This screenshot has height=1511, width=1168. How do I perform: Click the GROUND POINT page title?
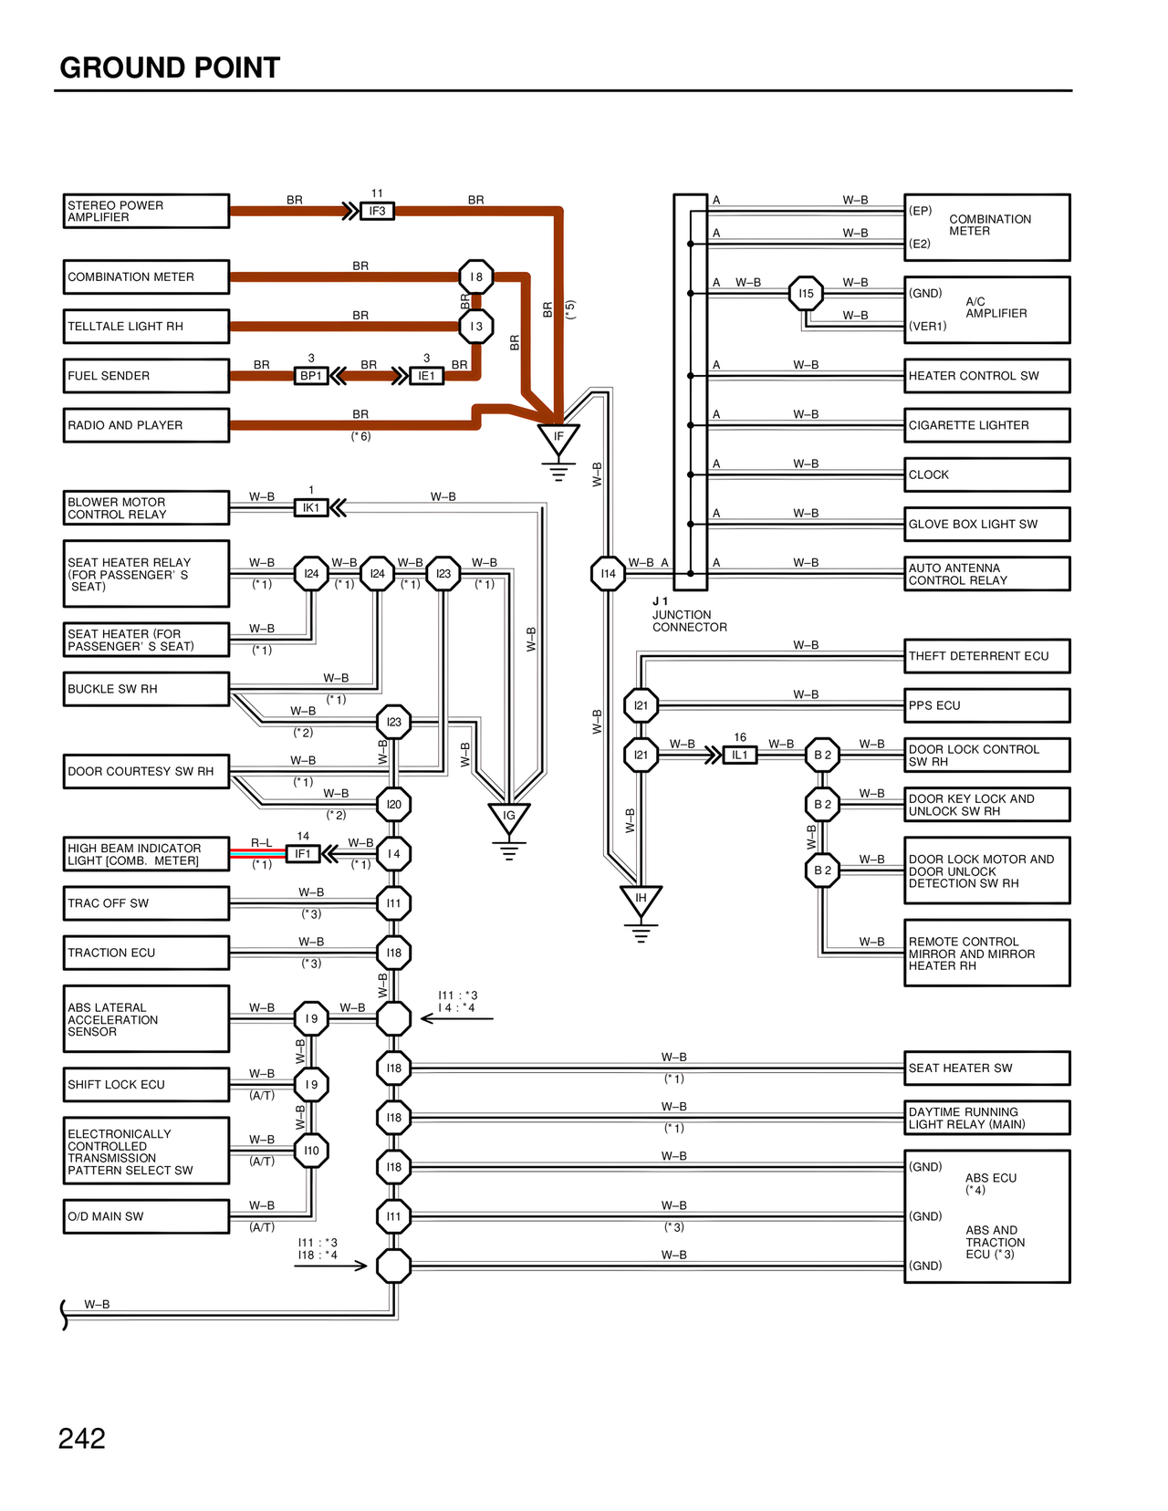pos(170,68)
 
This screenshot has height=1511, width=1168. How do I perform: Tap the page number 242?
pos(82,1439)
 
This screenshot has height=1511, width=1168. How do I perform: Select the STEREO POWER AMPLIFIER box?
pos(146,211)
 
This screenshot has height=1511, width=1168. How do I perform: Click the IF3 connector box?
pos(377,211)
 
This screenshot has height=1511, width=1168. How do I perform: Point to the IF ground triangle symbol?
pos(558,439)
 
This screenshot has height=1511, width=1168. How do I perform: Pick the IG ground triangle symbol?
pos(509,818)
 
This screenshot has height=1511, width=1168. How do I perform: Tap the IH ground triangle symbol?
pos(641,901)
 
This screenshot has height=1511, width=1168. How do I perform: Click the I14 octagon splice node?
pos(608,574)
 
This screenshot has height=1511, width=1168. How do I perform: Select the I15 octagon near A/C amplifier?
pos(806,294)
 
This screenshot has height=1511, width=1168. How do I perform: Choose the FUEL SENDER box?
pos(146,376)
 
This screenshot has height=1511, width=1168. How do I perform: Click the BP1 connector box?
pos(311,376)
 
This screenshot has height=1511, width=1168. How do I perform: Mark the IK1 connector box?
pos(311,507)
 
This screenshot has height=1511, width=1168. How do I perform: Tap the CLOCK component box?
pos(986,474)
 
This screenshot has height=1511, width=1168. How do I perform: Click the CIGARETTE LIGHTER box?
pos(986,425)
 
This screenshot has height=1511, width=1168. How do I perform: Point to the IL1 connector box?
pos(739,755)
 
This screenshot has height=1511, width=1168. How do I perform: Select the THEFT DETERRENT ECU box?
pos(986,656)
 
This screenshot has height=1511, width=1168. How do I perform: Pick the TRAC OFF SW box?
pos(146,903)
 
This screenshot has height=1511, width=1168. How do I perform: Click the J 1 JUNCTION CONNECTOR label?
pos(689,615)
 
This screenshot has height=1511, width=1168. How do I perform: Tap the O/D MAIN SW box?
pos(146,1216)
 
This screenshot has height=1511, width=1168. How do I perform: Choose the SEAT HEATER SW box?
pos(986,1068)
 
